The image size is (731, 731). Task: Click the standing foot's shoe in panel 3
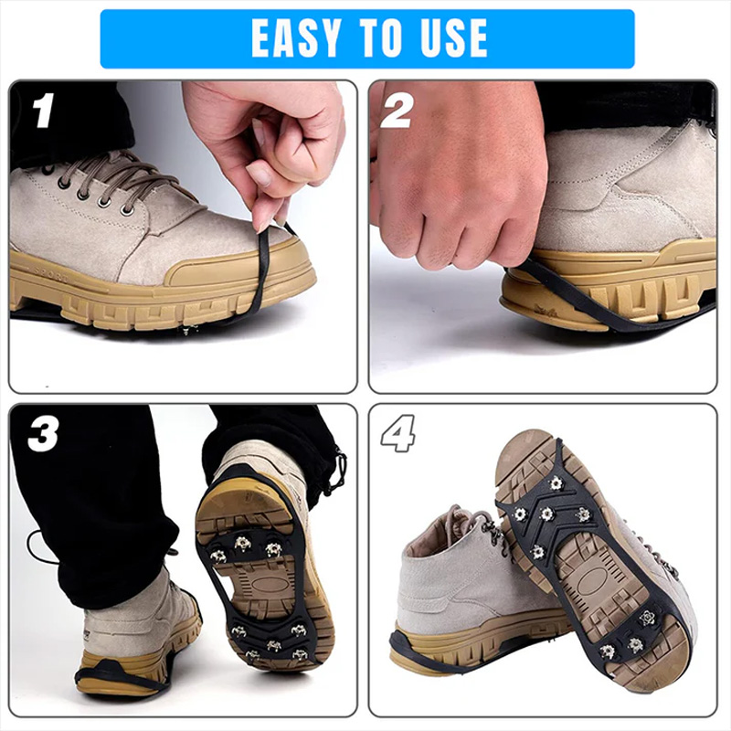(137, 630)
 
